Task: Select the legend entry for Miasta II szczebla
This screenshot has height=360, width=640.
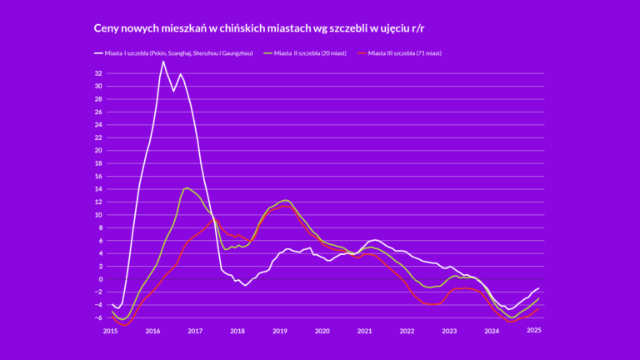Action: point(304,53)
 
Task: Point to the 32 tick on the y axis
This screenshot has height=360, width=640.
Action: point(98,73)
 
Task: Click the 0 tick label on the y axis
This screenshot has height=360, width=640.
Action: point(100,279)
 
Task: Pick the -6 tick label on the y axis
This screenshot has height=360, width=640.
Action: point(98,317)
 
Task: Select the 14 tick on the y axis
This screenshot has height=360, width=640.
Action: point(98,189)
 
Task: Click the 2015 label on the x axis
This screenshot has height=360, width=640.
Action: point(110,331)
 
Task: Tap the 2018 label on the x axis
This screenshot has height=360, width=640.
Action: point(237,331)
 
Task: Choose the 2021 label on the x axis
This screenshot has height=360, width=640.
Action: point(364,331)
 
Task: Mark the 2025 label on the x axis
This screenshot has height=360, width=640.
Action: point(534,331)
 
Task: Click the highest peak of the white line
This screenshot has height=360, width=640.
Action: point(163,61)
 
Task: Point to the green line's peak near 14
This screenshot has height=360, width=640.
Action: point(187,187)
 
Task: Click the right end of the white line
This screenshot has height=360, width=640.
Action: point(539,287)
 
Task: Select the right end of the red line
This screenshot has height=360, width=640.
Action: point(539,308)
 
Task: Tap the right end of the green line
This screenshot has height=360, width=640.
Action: point(539,298)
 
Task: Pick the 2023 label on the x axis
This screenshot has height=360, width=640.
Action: point(449,331)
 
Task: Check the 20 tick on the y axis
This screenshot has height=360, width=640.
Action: point(98,151)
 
